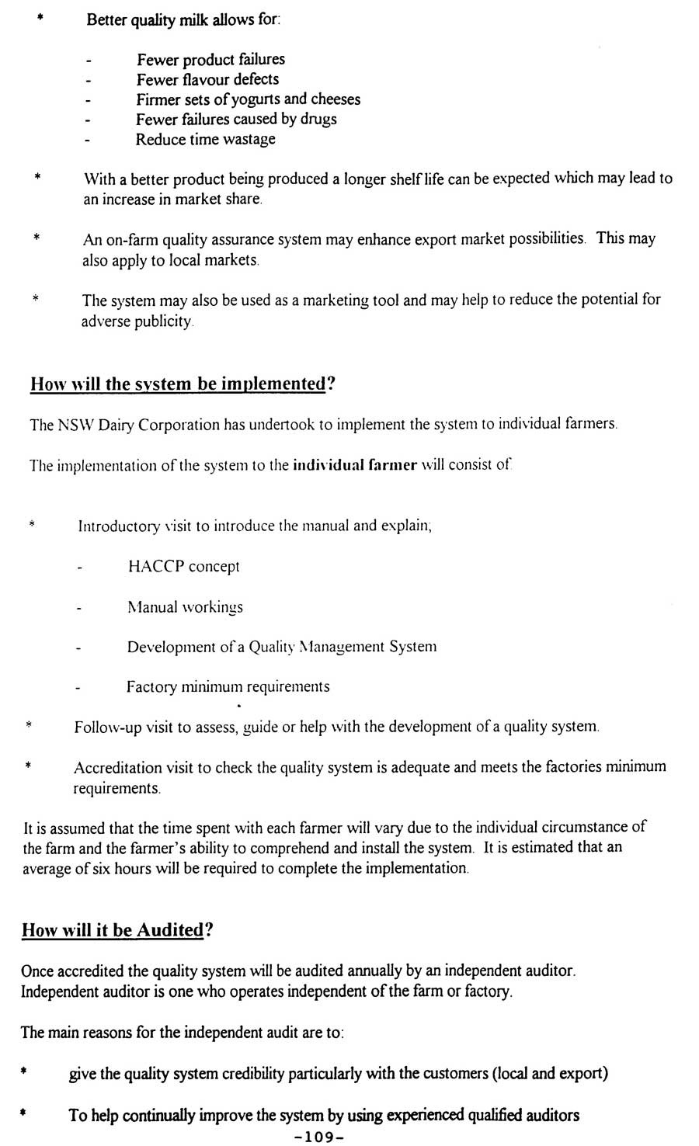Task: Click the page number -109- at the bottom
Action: (x=319, y=1137)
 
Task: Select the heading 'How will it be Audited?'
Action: (x=116, y=930)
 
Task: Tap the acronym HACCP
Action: (x=155, y=566)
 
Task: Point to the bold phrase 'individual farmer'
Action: (x=356, y=466)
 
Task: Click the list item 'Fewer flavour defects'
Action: (x=207, y=79)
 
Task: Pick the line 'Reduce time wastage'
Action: (x=205, y=140)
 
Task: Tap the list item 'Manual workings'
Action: (x=185, y=607)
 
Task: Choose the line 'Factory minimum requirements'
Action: (x=228, y=687)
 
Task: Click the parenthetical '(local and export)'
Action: (x=550, y=1074)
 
